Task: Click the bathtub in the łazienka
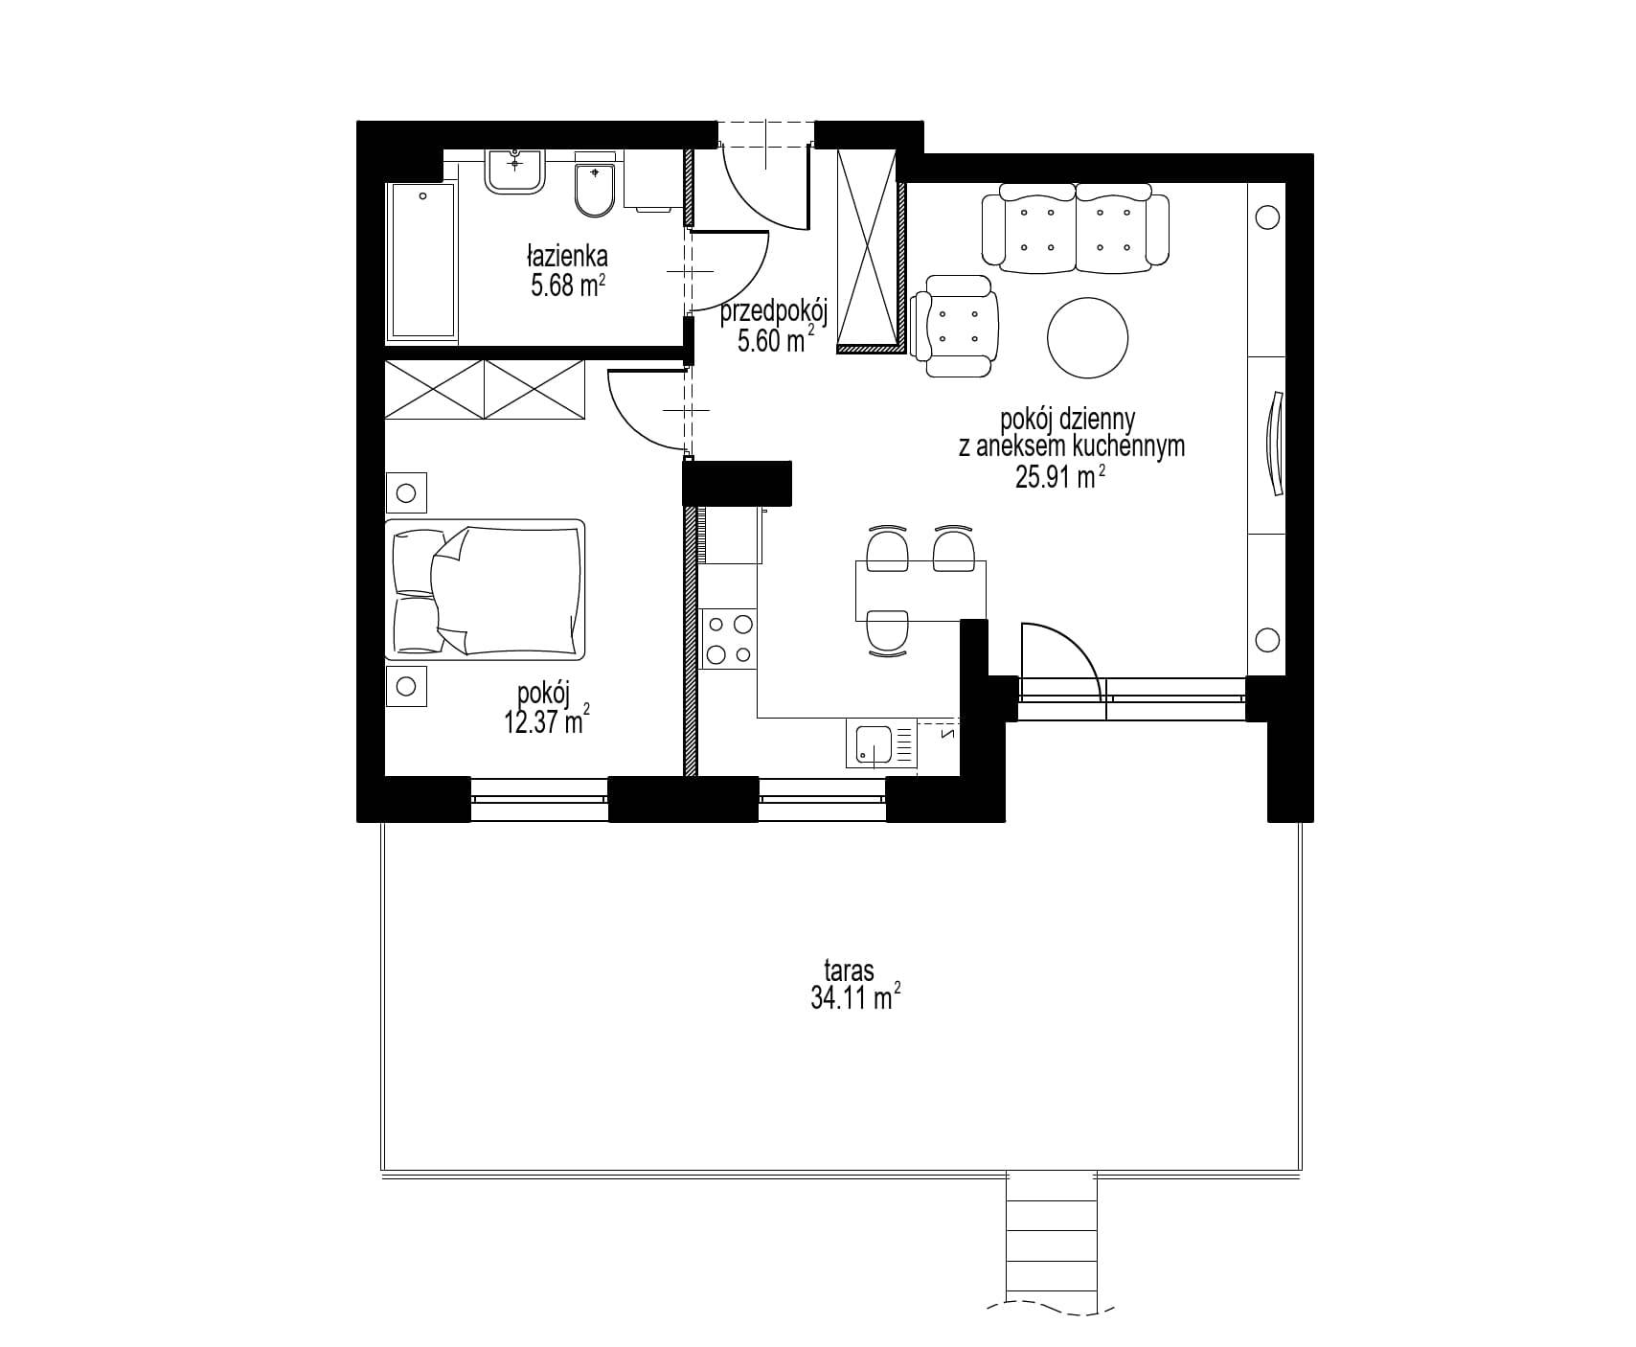pyautogui.click(x=421, y=262)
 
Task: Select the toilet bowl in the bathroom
pyautogui.click(x=596, y=188)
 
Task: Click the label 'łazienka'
pyautogui.click(x=566, y=257)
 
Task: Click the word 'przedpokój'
pyautogui.click(x=773, y=311)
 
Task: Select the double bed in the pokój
pyautogui.click(x=485, y=589)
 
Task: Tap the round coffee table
pyautogui.click(x=1088, y=337)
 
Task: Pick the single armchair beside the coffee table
pyautogui.click(x=955, y=326)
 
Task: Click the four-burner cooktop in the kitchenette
pyautogui.click(x=728, y=640)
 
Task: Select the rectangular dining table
pyautogui.click(x=920, y=590)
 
